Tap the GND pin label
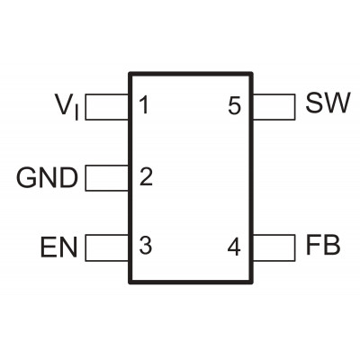pyautogui.click(x=47, y=178)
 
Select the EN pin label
pyautogui.click(x=58, y=247)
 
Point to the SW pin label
pyautogui.click(x=328, y=103)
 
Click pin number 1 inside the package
pyautogui.click(x=144, y=105)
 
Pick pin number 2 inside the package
pyautogui.click(x=146, y=176)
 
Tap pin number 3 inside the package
pyautogui.click(x=146, y=246)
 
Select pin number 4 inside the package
pyautogui.click(x=234, y=247)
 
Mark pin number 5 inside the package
pyautogui.click(x=234, y=105)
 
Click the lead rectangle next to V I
pyautogui.click(x=107, y=107)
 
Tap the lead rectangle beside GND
pyautogui.click(x=107, y=178)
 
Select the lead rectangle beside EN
pyautogui.click(x=107, y=247)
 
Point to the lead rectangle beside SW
pyautogui.click(x=274, y=107)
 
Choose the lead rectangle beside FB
pyautogui.click(x=274, y=247)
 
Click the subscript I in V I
pyautogui.click(x=77, y=114)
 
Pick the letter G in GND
pyautogui.click(x=26, y=178)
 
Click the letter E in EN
pyautogui.click(x=49, y=247)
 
